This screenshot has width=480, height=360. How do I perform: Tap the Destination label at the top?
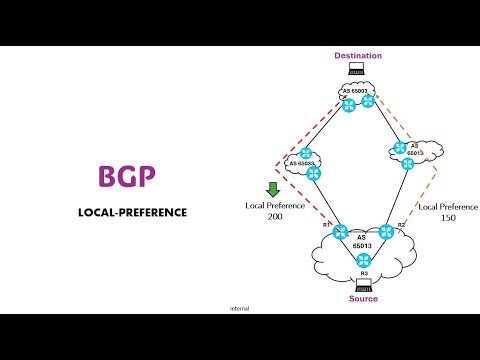[x=358, y=56]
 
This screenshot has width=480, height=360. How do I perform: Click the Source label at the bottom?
[x=363, y=299]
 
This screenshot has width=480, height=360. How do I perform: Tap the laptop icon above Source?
[x=363, y=285]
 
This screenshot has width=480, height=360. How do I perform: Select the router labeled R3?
[x=363, y=261]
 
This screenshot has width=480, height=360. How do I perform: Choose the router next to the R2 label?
[x=385, y=232]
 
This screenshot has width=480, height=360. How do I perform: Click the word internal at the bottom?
[x=239, y=309]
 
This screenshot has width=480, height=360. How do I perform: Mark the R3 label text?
[x=363, y=273]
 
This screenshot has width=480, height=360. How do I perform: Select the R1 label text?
[x=327, y=224]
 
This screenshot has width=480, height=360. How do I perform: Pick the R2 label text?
[x=401, y=225]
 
